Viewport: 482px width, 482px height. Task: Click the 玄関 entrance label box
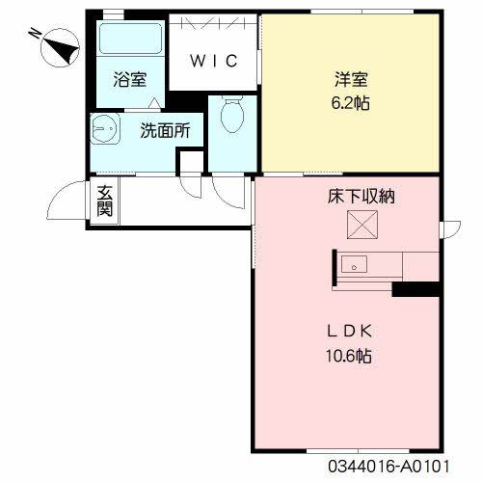pyautogui.click(x=105, y=201)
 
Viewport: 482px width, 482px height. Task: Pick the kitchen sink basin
pyautogui.click(x=354, y=262)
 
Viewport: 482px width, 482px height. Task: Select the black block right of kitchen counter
pyautogui.click(x=415, y=289)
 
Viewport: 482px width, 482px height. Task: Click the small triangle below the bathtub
pyautogui.click(x=150, y=103)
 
